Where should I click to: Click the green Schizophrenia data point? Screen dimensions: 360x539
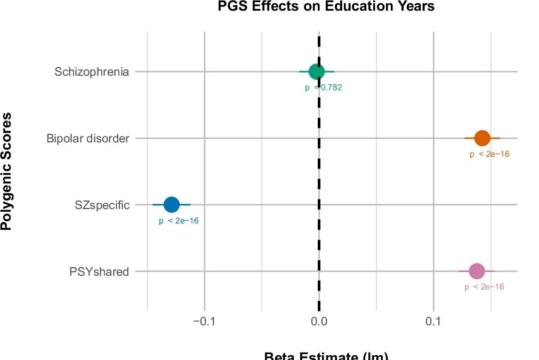[317, 71]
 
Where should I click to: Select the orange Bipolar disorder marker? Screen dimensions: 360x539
[482, 138]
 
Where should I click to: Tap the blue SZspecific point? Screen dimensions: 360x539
[171, 204]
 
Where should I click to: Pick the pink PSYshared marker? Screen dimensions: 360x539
[477, 271]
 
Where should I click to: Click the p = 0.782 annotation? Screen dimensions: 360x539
[324, 88]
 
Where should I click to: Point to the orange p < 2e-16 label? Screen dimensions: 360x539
[489, 155]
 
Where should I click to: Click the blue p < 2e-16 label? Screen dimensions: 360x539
[179, 221]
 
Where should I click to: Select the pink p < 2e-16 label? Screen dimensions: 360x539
[484, 287]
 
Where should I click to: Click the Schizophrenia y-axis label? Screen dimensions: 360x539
[92, 71]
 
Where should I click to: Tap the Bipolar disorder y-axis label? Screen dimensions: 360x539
[88, 139]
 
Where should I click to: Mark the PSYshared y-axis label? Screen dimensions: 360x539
[99, 271]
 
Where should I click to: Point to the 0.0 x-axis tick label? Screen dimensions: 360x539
[319, 322]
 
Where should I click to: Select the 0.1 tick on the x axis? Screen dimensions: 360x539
[434, 322]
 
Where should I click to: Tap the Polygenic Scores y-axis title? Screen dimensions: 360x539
[6, 171]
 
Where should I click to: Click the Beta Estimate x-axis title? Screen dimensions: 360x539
[326, 356]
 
